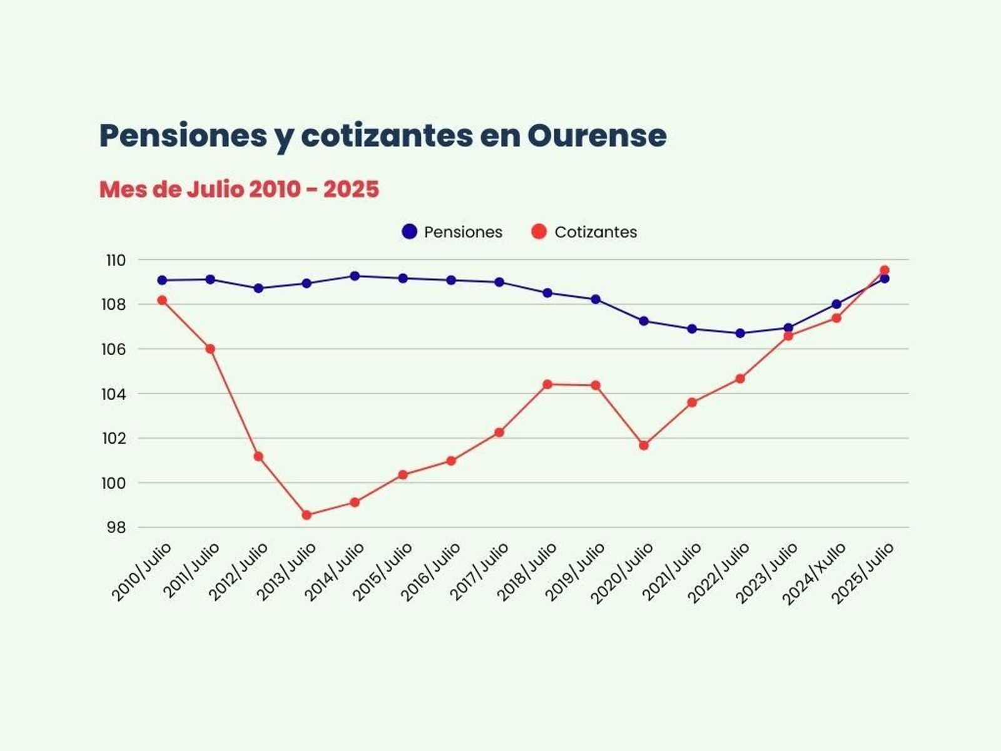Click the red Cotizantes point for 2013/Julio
307,515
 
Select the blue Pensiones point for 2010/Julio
162,280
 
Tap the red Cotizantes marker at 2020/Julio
644,446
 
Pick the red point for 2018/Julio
547,384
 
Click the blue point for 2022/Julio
740,333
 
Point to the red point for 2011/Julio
210,349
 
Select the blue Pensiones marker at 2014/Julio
355,276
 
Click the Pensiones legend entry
452,232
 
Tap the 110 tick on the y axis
116,260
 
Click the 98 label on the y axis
116,528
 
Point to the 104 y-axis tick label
114,394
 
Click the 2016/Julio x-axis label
431,572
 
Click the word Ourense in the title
596,135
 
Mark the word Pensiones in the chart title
183,135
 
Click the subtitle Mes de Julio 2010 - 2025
239,189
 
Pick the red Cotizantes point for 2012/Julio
258,456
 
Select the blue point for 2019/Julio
596,299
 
